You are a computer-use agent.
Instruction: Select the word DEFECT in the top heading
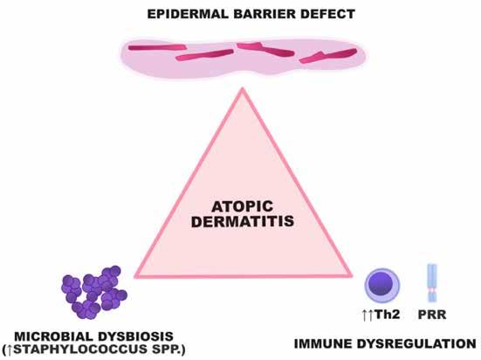(327, 14)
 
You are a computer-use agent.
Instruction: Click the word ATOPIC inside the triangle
(243, 206)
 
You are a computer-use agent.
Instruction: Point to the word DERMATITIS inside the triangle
(243, 221)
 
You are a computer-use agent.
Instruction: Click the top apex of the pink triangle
(243, 88)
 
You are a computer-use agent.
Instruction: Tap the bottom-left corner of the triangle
(135, 277)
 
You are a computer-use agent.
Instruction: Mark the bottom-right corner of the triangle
(352, 275)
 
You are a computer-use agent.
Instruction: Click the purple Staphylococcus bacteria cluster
(94, 293)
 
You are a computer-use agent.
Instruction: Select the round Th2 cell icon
(381, 286)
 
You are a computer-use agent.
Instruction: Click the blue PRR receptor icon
(432, 283)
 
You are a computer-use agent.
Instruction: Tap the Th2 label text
(388, 315)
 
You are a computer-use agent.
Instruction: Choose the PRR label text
(432, 315)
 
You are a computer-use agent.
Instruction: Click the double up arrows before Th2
(368, 315)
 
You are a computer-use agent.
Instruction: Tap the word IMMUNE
(324, 343)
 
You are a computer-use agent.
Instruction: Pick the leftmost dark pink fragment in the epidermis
(157, 47)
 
